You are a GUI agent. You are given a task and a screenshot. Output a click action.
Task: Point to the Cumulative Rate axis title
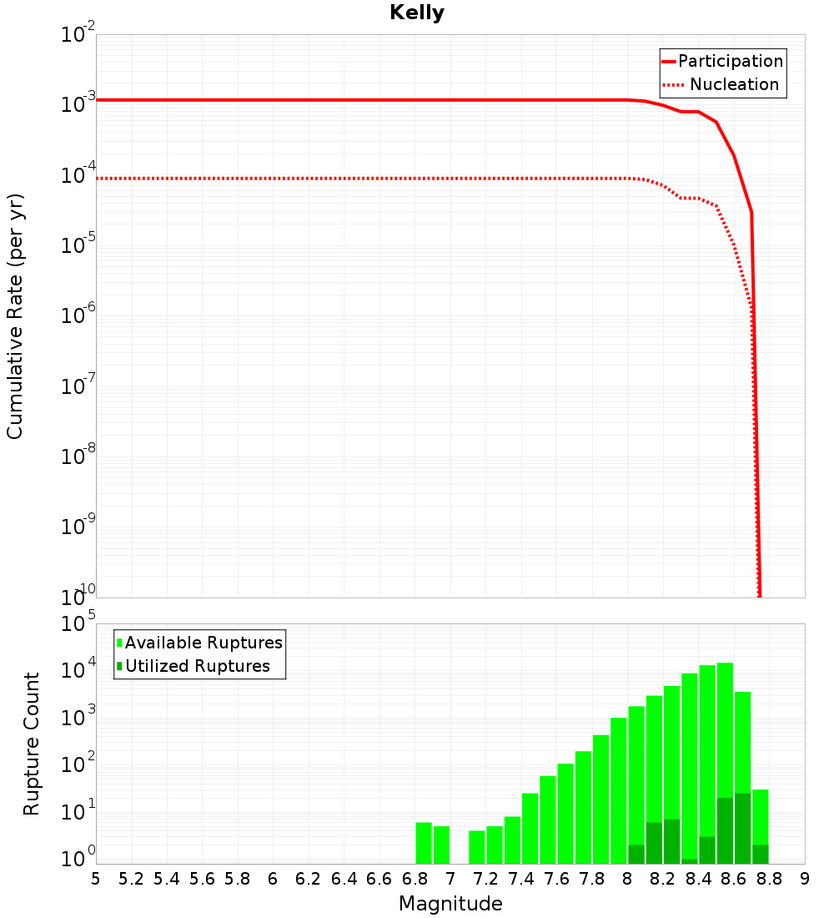point(15,315)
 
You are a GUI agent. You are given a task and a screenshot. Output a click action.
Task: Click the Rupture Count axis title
point(32,744)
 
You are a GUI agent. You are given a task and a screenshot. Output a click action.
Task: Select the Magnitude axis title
point(450,904)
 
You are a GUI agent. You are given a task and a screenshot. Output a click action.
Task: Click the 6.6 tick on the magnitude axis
point(379,879)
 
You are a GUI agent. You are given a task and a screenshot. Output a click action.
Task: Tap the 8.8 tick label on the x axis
point(770,879)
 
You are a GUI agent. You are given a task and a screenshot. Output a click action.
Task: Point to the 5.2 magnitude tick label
point(131,879)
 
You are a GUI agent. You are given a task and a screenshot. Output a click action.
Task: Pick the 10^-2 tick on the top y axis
point(78,34)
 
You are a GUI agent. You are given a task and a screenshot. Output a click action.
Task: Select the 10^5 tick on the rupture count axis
point(80,624)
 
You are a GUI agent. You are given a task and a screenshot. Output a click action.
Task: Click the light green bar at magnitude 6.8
point(424,843)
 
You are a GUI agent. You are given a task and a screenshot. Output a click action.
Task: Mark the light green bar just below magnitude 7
point(441,845)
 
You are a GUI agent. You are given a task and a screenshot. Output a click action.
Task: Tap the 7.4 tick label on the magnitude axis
point(521,879)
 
